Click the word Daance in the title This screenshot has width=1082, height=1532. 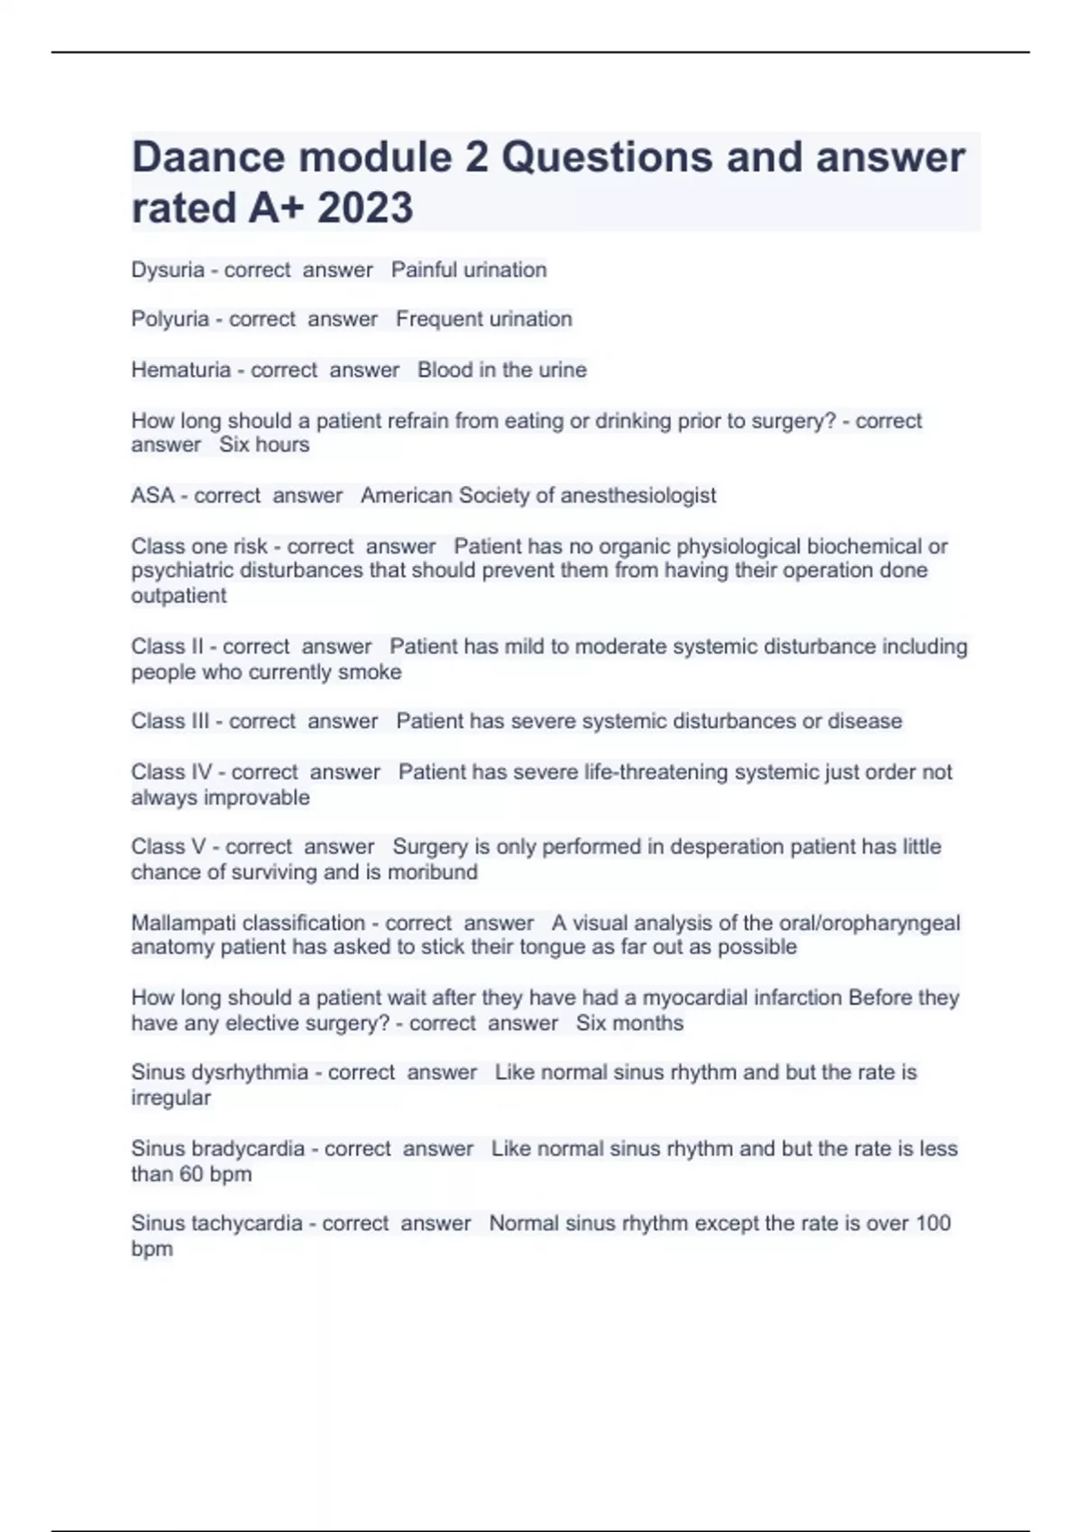pyautogui.click(x=208, y=158)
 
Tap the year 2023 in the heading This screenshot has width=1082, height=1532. pyautogui.click(x=365, y=208)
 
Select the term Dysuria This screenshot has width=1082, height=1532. pyautogui.click(x=168, y=270)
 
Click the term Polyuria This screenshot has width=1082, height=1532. pyautogui.click(x=170, y=319)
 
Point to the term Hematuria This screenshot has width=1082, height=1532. pyautogui.click(x=180, y=370)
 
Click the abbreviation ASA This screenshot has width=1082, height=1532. pyautogui.click(x=152, y=496)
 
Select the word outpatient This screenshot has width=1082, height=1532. pyautogui.click(x=179, y=596)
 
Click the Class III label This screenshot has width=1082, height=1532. pyautogui.click(x=170, y=721)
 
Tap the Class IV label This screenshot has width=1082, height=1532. pyautogui.click(x=171, y=772)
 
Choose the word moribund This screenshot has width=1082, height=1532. pyautogui.click(x=433, y=872)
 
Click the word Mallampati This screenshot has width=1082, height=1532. pyautogui.click(x=184, y=923)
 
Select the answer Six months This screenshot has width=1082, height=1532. pyautogui.click(x=629, y=1024)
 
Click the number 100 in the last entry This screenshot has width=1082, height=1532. pyautogui.click(x=932, y=1224)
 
